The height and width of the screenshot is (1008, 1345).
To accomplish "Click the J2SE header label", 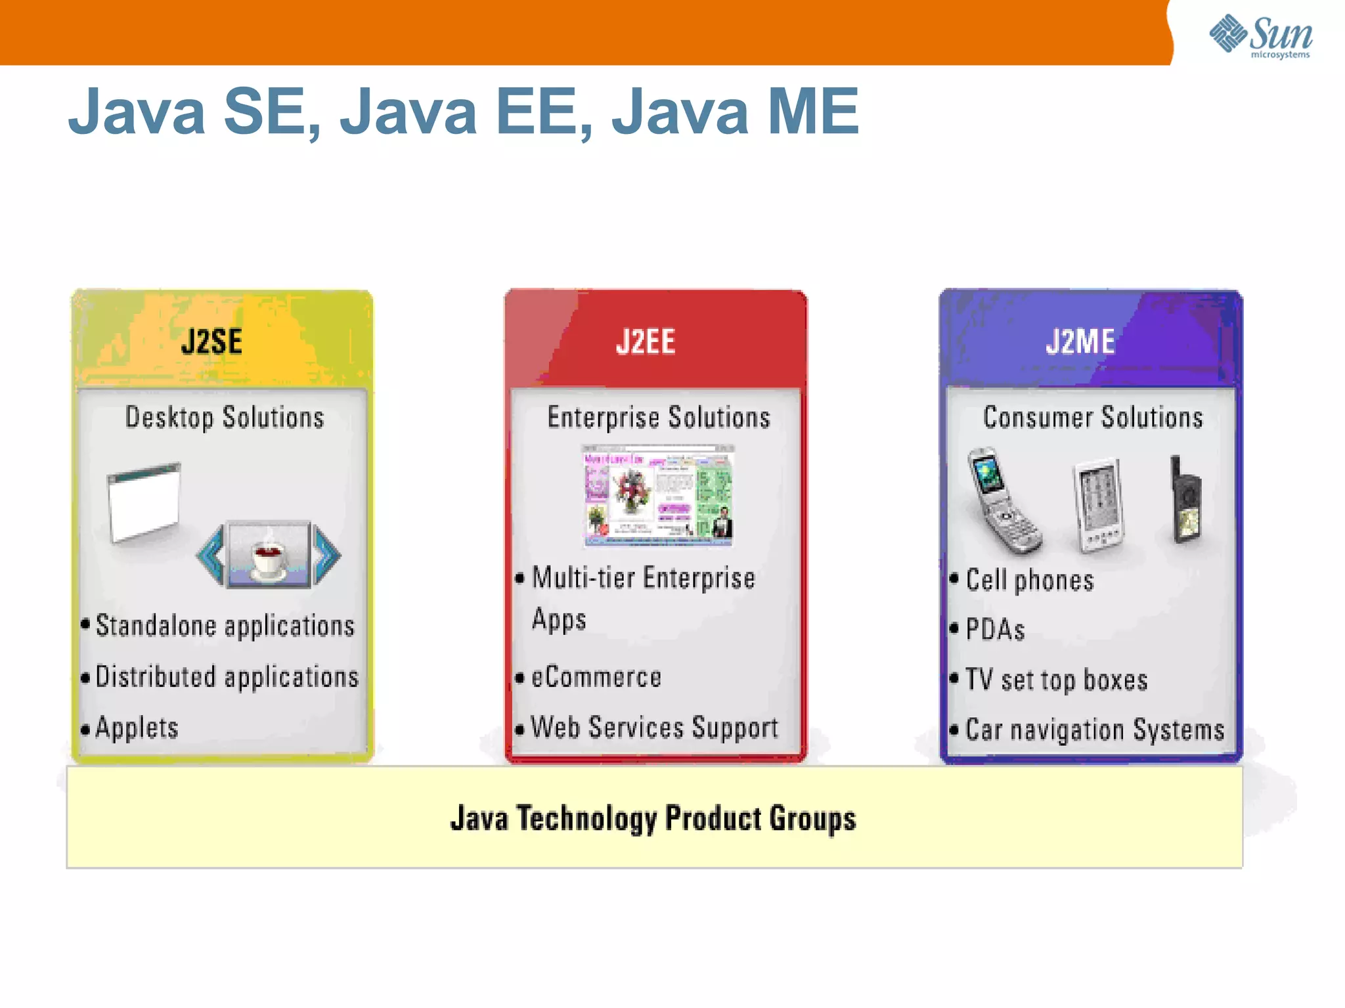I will click(211, 342).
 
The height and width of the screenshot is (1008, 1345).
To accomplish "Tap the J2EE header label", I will click(646, 342).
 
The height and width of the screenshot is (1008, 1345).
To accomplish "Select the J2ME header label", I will click(1080, 342).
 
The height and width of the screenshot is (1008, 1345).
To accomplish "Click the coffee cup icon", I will click(269, 555).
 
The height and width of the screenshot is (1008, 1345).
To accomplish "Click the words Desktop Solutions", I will click(225, 418).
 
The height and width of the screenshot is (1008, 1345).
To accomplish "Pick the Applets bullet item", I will click(137, 728).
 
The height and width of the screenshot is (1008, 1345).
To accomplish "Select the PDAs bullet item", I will click(995, 630).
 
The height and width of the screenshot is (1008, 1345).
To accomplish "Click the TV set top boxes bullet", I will click(1056, 680).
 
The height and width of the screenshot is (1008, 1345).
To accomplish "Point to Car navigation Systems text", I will click(1095, 730).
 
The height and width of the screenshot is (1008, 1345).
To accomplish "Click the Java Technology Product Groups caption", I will click(653, 819).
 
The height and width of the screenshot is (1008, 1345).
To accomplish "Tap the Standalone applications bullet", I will click(225, 626).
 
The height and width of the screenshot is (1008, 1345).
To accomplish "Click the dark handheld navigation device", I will click(1186, 502).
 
